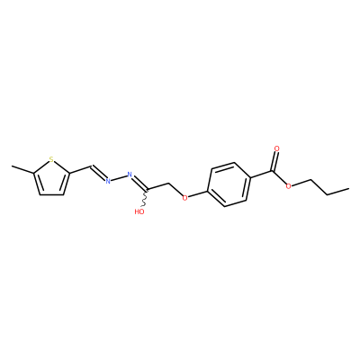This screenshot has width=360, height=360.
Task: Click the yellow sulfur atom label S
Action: click(51, 159)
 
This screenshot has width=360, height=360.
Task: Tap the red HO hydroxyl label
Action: click(139, 211)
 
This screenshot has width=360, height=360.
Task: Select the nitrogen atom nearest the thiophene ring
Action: click(108, 181)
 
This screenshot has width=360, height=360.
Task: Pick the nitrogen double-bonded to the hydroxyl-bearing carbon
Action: click(130, 175)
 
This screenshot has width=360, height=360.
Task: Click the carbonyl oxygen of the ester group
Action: click(276, 148)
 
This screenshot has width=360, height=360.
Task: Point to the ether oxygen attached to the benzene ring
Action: click(184, 197)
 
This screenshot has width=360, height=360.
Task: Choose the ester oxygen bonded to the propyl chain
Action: click(289, 186)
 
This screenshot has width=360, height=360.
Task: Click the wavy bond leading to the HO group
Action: click(145, 198)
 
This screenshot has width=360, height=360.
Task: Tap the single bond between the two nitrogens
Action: click(119, 177)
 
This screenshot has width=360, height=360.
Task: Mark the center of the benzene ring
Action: click(229, 184)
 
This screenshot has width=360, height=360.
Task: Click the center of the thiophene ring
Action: click(52, 178)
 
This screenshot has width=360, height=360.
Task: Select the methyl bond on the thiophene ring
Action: click(22, 169)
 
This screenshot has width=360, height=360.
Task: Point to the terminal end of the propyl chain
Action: click(349, 188)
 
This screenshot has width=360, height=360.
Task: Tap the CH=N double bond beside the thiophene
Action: click(98, 173)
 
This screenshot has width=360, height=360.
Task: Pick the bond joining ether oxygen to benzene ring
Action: click(198, 193)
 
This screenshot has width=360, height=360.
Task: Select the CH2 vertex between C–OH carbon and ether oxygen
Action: click(170, 183)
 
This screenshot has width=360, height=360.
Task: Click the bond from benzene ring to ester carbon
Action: click(261, 175)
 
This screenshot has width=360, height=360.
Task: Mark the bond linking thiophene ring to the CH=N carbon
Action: click(80, 169)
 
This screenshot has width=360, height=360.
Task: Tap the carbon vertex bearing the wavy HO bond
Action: click(148, 190)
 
